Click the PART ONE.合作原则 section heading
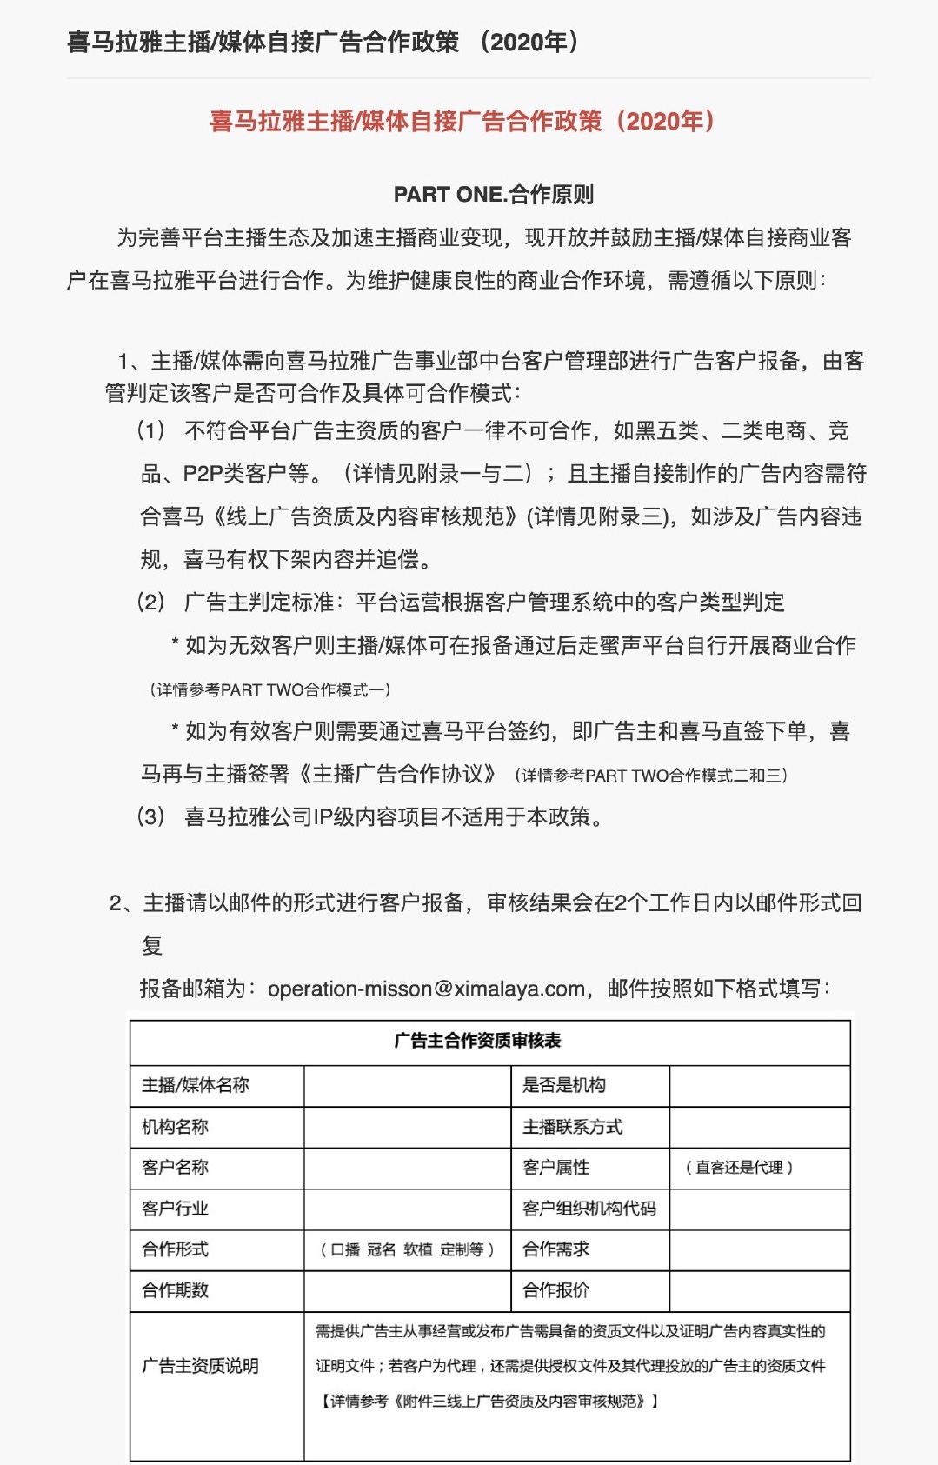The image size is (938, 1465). click(493, 194)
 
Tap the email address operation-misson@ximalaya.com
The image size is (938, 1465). click(426, 989)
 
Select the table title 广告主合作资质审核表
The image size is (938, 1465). click(477, 1041)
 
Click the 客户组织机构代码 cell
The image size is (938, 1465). click(589, 1209)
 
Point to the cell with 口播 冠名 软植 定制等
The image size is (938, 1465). click(407, 1249)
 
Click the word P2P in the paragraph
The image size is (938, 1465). click(203, 474)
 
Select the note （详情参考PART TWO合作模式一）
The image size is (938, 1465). click(270, 689)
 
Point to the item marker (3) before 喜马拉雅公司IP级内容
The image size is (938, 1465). click(151, 816)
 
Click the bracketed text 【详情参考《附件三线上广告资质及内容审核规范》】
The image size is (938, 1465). click(489, 1401)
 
